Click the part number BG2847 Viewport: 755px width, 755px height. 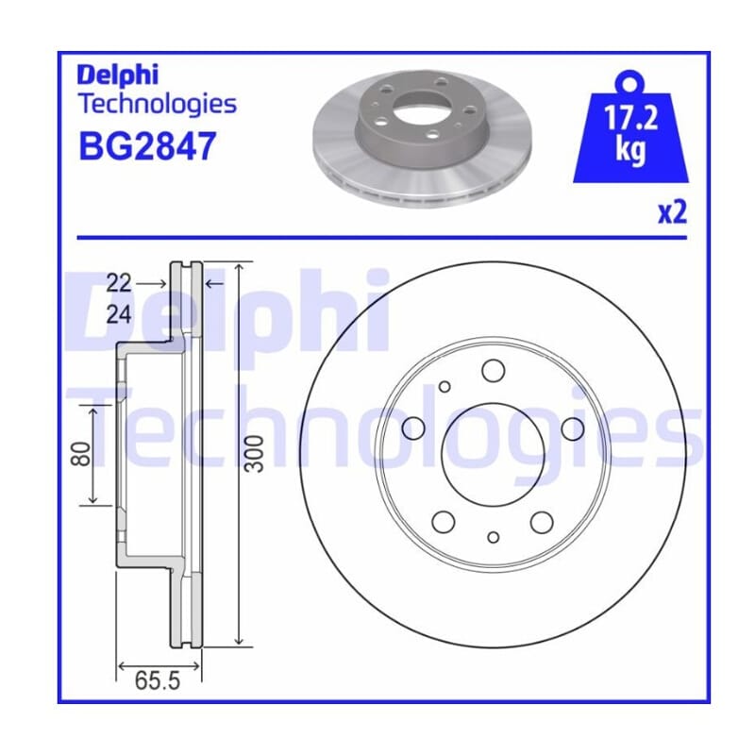click(147, 146)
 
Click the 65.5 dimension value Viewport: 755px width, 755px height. click(158, 680)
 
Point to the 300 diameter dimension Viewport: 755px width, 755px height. click(255, 454)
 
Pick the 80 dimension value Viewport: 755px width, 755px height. click(80, 454)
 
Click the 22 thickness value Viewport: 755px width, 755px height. click(119, 283)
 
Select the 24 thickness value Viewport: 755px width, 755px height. click(119, 315)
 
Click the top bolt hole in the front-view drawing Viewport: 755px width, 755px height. click(493, 371)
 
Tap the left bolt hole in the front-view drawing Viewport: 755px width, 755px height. click(413, 428)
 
